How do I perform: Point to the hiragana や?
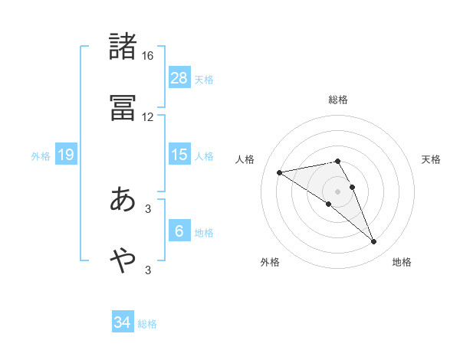point(123,260)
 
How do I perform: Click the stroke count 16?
point(148,56)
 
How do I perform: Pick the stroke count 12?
point(148,117)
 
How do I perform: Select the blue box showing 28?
point(179,77)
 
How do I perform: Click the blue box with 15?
point(179,155)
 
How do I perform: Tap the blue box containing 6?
point(179,231)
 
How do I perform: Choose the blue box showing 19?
point(66,155)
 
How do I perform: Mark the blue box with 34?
point(123,322)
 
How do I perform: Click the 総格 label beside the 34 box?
point(148,324)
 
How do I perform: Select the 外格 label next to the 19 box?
point(41,155)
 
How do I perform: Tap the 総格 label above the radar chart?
point(338,100)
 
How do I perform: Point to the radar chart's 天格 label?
point(432,159)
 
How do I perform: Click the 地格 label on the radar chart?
point(402,262)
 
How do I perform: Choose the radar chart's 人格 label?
point(246,159)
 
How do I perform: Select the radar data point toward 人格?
point(280,172)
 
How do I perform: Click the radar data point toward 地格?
point(374,242)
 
